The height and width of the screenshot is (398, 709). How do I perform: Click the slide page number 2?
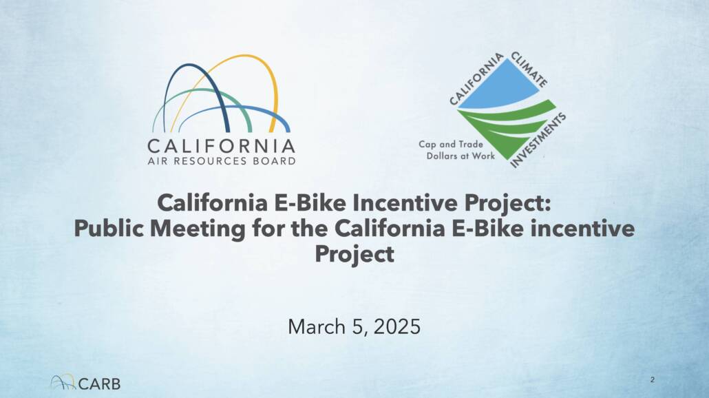click(x=652, y=379)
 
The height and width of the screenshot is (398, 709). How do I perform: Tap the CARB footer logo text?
click(x=100, y=384)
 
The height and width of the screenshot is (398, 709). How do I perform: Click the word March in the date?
click(x=317, y=326)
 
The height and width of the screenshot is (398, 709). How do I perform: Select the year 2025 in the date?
click(x=397, y=326)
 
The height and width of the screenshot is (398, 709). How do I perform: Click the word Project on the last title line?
click(x=354, y=253)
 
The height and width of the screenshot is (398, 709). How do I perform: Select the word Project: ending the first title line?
click(x=507, y=203)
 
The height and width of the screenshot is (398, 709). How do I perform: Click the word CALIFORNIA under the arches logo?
click(x=222, y=147)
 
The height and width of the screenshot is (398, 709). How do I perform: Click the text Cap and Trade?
click(x=451, y=145)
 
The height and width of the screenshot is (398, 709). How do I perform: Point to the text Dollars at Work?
click(x=461, y=156)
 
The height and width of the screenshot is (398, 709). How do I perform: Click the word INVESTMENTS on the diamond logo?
click(x=538, y=140)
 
